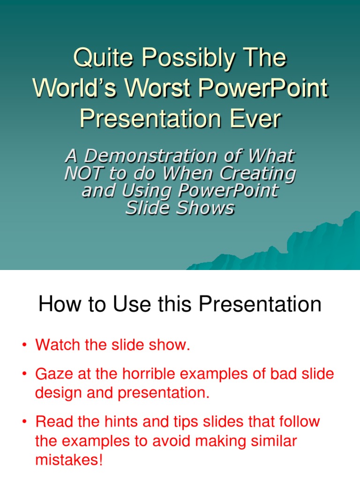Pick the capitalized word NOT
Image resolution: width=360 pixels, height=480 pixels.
click(83, 173)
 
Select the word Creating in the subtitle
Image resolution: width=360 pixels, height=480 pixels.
click(261, 173)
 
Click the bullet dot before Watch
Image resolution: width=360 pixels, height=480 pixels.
click(24, 346)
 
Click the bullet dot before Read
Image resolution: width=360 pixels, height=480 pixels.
click(24, 422)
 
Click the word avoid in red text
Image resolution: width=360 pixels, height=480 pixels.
click(190, 441)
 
